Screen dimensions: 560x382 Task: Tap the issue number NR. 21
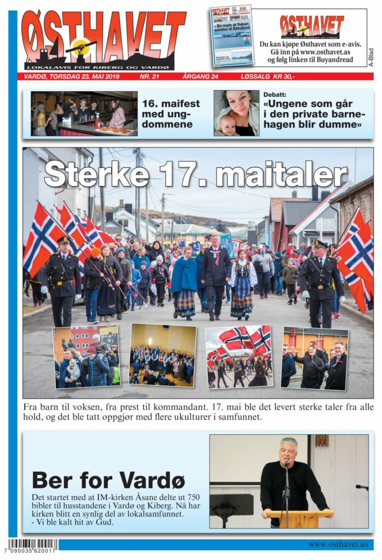point(149,77)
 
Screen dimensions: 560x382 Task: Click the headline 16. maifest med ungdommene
point(171,113)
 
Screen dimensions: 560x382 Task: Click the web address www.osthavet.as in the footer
point(337,545)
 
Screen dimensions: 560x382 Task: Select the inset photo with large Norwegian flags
point(239,357)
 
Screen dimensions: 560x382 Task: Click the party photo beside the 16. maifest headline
point(84,113)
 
